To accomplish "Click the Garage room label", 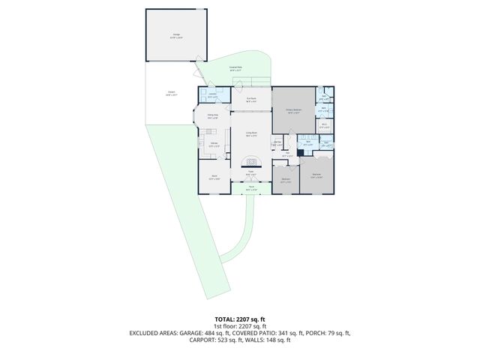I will (177, 35).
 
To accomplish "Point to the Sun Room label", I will (250, 98).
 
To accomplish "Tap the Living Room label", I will (252, 133).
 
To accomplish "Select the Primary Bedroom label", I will (292, 111).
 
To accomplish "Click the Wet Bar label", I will (277, 143).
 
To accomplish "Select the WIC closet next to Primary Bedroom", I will (324, 126).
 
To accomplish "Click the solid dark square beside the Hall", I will (300, 153).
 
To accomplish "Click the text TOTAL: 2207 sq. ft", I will (240, 319).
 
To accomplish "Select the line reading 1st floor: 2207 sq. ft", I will (240, 326).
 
